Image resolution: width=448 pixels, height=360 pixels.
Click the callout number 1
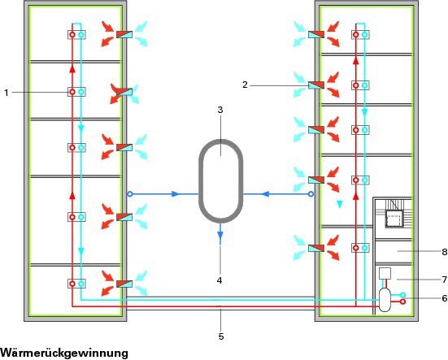pyautogui.click(x=7, y=93)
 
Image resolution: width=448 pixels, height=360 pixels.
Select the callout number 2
pyautogui.click(x=245, y=85)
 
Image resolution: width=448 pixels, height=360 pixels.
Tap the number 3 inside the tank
pyautogui.click(x=220, y=110)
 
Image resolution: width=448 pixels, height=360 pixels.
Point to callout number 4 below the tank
pyautogui.click(x=220, y=280)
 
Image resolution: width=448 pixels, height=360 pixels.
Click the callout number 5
pyautogui.click(x=221, y=336)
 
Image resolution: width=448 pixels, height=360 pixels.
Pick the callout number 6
pyautogui.click(x=444, y=298)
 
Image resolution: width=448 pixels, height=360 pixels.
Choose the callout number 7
pyautogui.click(x=444, y=280)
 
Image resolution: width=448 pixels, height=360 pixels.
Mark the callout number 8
pyautogui.click(x=444, y=252)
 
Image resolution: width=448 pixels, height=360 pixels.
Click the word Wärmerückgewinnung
pyautogui.click(x=64, y=353)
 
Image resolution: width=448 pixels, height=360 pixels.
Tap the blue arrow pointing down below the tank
pyautogui.click(x=220, y=234)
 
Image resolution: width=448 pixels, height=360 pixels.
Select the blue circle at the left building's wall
pyautogui.click(x=130, y=194)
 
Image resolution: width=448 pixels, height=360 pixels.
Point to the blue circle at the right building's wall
pyautogui.click(x=311, y=194)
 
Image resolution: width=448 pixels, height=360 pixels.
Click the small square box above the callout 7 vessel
pyautogui.click(x=385, y=273)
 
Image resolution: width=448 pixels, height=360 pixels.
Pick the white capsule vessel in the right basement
pyautogui.click(x=385, y=300)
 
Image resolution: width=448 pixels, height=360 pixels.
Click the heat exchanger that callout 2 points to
pyautogui.click(x=316, y=85)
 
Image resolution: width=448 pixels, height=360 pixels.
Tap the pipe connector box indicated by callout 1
pyautogui.click(x=76, y=92)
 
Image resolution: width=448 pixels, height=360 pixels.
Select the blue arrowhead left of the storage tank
pyautogui.click(x=175, y=194)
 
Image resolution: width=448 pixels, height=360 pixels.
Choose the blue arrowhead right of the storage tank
pyautogui.click(x=266, y=194)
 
